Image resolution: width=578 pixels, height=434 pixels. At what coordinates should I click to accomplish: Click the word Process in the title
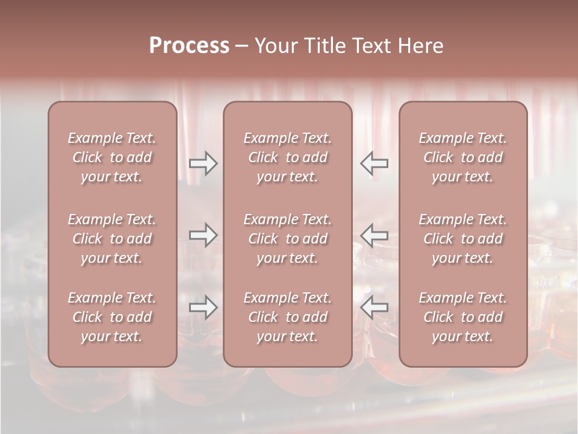[x=189, y=46]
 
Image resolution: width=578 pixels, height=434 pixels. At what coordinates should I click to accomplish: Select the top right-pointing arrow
[x=203, y=163]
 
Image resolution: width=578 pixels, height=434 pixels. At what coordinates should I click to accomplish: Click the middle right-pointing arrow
[x=203, y=235]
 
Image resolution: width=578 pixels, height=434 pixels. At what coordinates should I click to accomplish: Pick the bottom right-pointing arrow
[x=203, y=307]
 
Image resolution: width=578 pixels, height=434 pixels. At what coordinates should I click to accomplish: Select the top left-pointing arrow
[x=374, y=163]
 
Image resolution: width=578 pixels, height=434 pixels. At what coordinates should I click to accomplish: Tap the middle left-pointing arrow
[x=374, y=235]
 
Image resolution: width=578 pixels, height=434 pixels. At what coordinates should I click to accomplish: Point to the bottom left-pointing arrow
[x=374, y=307]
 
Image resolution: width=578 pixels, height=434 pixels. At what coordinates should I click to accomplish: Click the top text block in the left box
[x=112, y=157]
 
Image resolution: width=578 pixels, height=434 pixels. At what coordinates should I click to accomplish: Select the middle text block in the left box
[x=112, y=239]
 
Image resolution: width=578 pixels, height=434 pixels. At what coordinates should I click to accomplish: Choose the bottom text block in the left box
[x=112, y=317]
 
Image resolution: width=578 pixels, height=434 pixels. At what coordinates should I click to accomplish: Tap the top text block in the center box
[x=288, y=157]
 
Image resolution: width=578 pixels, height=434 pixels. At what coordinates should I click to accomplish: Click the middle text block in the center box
[x=288, y=239]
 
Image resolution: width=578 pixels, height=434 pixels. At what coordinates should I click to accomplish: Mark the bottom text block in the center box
[x=288, y=317]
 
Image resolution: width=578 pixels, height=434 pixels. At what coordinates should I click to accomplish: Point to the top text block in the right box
[x=463, y=157]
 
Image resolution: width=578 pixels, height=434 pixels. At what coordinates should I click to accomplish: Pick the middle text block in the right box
[x=463, y=239]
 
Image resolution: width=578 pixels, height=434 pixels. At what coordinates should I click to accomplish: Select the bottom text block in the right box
[x=463, y=317]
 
